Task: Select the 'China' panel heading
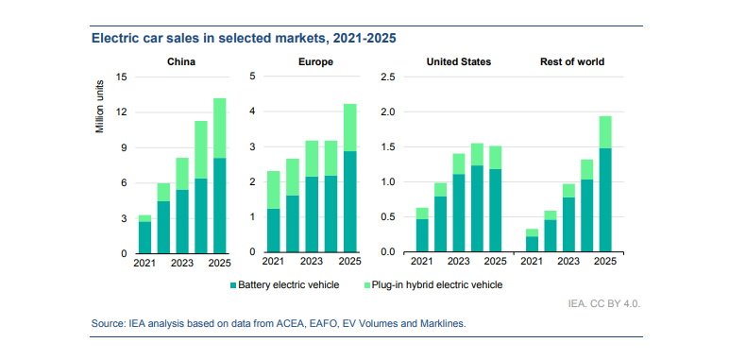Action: (181, 62)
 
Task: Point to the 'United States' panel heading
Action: (458, 62)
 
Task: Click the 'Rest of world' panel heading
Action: (571, 62)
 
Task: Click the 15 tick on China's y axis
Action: (120, 77)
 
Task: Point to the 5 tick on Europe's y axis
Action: (252, 77)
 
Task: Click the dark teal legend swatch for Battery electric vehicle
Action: (231, 284)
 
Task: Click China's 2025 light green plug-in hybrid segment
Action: (219, 128)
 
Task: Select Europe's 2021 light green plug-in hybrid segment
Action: (273, 190)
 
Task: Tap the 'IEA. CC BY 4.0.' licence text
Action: (605, 305)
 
